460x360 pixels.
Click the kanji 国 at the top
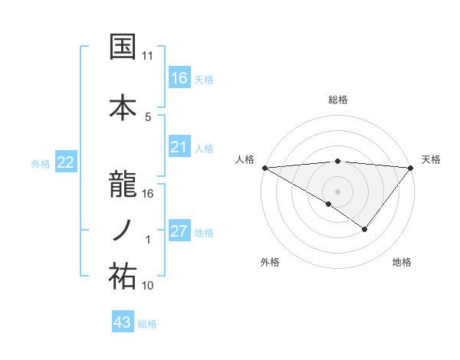[122, 47]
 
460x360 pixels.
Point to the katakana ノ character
[122, 231]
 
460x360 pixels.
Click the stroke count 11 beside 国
[148, 56]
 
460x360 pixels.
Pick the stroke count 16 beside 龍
[148, 194]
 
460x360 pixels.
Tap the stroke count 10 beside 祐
[148, 286]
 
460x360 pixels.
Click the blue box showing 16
[179, 77]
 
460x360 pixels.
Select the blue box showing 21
[179, 147]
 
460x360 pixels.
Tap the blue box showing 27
[179, 231]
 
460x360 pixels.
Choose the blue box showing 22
[65, 162]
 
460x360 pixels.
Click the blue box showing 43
[123, 322]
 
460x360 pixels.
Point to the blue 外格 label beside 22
[41, 163]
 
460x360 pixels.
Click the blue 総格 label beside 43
[147, 324]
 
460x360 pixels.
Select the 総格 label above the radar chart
[338, 100]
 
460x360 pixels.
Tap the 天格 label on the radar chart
[432, 159]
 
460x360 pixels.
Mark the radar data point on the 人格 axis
[264, 168]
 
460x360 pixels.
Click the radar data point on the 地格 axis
[365, 229]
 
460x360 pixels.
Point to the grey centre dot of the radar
[338, 191]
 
